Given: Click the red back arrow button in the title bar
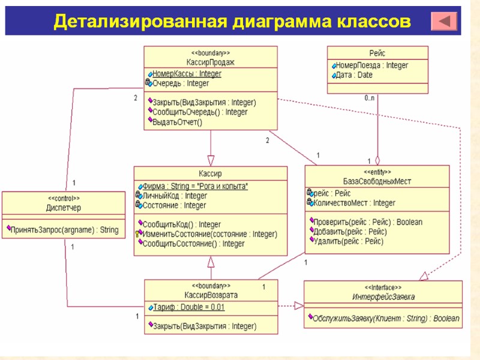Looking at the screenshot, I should coord(444,22).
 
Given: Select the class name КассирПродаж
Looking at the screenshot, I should coord(210,62).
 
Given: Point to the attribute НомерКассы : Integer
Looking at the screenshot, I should coord(187,74).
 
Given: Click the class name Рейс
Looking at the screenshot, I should coord(377,53).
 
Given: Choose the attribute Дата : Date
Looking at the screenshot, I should coord(353,75).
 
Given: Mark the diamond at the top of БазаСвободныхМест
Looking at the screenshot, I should coord(377,161).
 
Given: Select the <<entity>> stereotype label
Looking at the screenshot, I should coord(377,172).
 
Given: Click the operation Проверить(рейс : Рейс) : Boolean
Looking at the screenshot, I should coord(368,222).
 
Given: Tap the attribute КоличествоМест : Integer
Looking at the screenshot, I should coord(354,203).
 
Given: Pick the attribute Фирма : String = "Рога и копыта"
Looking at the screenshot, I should coord(195,186).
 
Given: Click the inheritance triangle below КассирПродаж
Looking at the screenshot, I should coord(211,160).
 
